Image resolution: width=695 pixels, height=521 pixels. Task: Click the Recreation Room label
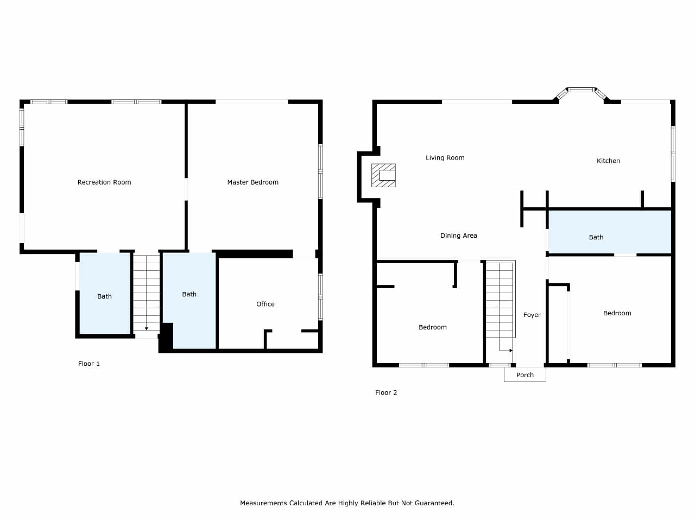[104, 182]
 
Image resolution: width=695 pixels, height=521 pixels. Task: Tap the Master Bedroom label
[252, 182]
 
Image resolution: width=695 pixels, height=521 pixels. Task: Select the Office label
[266, 304]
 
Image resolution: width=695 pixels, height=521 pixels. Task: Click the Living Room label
[445, 158]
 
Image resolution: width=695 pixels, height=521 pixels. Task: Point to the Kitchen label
[608, 161]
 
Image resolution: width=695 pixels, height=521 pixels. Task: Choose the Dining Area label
[458, 236]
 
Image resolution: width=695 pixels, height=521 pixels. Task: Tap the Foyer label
[532, 315]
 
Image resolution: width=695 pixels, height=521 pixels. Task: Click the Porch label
[525, 375]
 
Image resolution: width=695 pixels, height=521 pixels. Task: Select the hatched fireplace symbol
[383, 175]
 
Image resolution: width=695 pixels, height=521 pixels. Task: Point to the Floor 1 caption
[89, 364]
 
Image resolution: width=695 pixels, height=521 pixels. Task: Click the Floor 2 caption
[386, 393]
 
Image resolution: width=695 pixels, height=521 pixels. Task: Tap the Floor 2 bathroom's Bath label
[596, 237]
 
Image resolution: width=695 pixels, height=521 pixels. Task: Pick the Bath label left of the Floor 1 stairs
[104, 296]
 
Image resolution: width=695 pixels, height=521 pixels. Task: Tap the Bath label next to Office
[189, 295]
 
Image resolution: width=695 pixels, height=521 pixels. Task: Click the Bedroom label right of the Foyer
[617, 313]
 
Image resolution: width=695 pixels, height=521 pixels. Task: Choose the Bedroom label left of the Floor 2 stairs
[433, 327]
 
